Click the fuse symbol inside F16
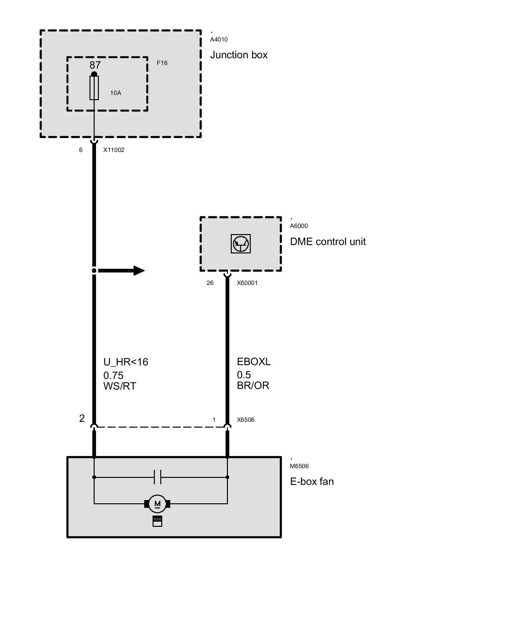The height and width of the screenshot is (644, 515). [x=94, y=88]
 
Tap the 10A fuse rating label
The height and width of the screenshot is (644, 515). [x=116, y=93]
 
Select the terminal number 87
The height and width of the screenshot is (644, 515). [x=95, y=65]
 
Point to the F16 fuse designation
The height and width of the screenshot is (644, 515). [x=162, y=63]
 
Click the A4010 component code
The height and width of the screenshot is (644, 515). [x=219, y=40]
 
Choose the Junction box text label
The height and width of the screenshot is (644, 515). [x=239, y=55]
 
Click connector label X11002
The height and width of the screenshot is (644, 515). [x=114, y=150]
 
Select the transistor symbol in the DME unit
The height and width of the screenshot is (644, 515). [x=241, y=243]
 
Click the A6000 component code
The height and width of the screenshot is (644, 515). [x=299, y=226]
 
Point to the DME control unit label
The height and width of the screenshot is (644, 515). [x=328, y=242]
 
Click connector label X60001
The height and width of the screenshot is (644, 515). [x=247, y=283]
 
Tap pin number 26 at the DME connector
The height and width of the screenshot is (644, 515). [x=210, y=283]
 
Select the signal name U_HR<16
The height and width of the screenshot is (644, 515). [x=126, y=362]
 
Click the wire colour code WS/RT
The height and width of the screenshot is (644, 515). [x=120, y=386]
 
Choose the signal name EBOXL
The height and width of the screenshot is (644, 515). [x=254, y=362]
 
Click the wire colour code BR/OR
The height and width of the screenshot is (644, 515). [x=253, y=385]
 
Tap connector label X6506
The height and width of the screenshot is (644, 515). [x=246, y=420]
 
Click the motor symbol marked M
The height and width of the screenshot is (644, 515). [x=157, y=504]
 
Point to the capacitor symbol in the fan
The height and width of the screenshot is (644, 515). [x=157, y=477]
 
